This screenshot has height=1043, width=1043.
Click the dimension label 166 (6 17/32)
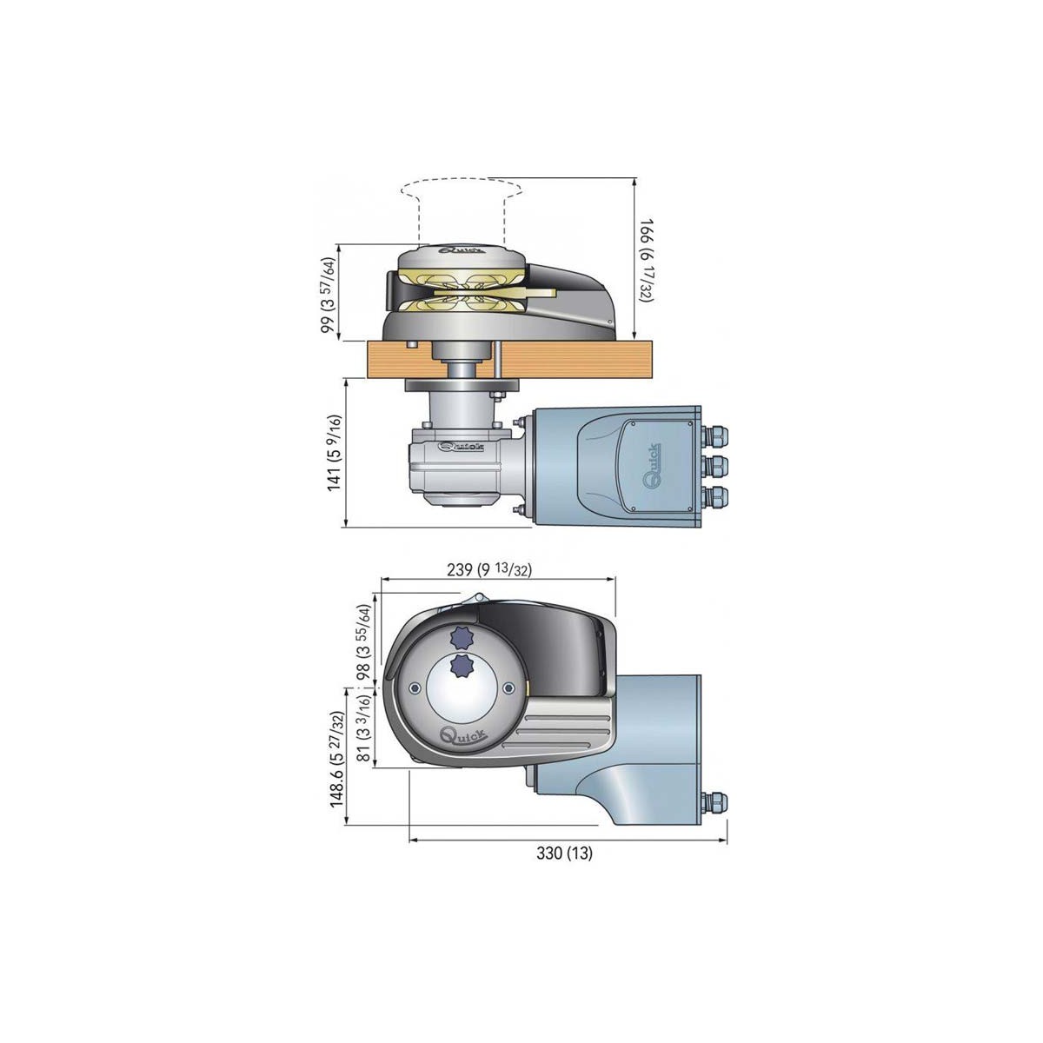tap(648, 260)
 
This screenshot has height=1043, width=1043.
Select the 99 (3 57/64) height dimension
tap(328, 294)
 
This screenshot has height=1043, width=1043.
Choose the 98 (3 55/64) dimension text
tap(364, 641)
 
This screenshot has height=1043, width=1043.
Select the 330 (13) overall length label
tap(564, 853)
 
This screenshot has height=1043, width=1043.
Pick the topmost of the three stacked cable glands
tap(717, 432)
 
